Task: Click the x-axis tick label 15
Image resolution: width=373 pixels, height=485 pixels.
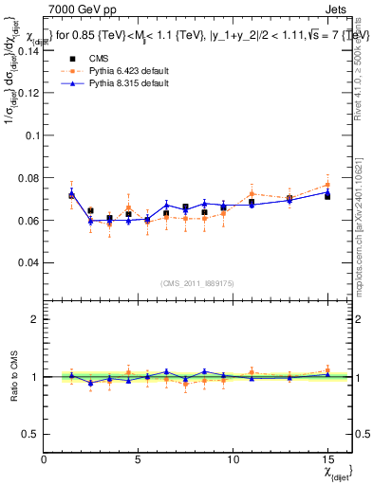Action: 327,460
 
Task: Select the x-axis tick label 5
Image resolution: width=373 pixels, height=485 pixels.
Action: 139,460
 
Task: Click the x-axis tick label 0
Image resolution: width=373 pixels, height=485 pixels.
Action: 45,460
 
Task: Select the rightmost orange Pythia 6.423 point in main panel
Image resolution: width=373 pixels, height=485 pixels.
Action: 327,185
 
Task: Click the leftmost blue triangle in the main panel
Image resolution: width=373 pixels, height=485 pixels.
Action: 72,194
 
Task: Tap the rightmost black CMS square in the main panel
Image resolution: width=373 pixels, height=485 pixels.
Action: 327,196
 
